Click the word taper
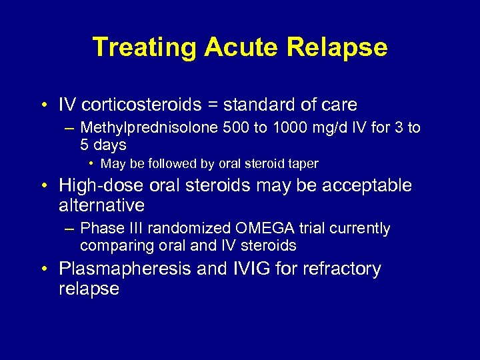coord(303,164)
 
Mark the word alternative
coord(101,205)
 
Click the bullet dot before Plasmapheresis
coord(43,269)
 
